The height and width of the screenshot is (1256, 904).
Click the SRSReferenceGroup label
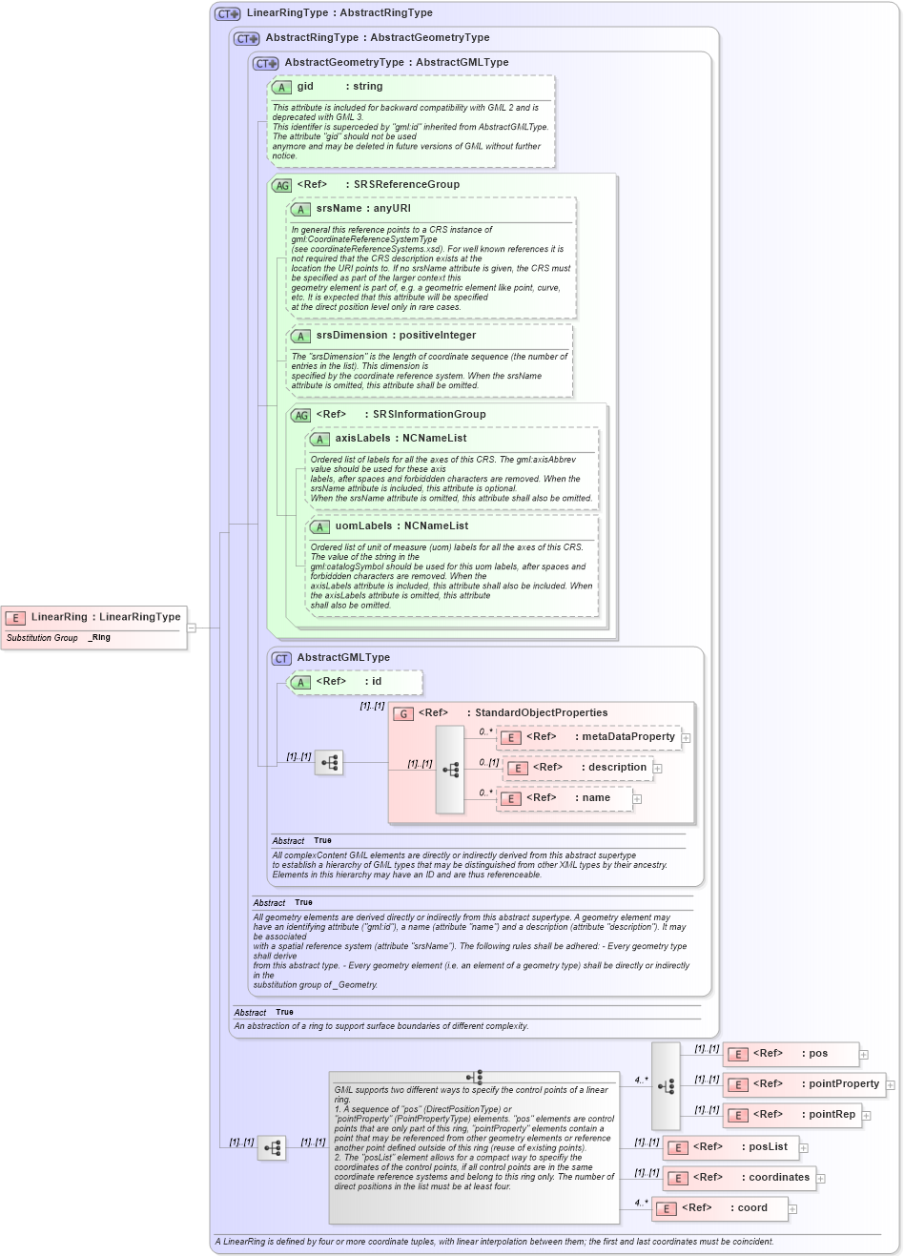[406, 185]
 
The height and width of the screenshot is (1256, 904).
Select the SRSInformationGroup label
[429, 415]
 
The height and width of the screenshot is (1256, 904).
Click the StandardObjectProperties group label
[541, 713]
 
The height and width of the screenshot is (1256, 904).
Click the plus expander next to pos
[864, 1055]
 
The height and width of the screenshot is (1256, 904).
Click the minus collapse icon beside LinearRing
[192, 628]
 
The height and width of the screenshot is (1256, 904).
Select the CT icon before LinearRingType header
[228, 13]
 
